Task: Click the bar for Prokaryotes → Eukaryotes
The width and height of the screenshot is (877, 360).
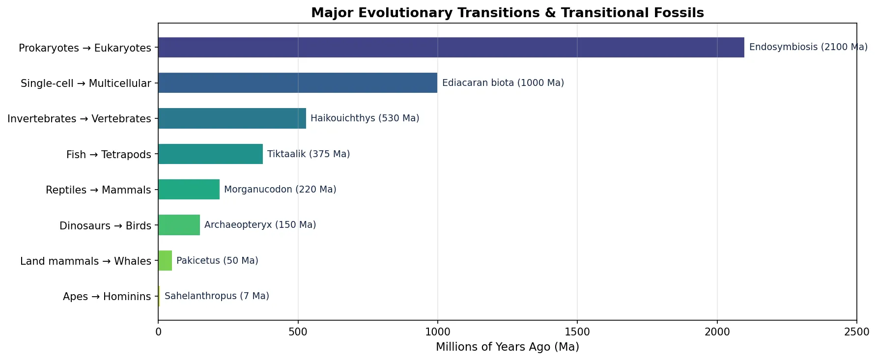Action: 451,48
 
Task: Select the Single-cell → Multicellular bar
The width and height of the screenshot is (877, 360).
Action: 298,83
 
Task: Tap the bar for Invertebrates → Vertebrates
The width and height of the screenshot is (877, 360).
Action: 232,118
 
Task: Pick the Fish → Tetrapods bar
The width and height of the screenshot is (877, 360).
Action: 210,154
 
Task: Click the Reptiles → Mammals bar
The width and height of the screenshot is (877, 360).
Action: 189,190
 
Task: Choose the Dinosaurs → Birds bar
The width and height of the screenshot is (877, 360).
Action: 179,225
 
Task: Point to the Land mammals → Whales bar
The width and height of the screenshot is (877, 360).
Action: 165,261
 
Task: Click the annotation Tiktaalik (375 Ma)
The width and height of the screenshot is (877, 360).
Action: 309,154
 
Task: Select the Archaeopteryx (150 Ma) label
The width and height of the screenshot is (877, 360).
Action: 260,225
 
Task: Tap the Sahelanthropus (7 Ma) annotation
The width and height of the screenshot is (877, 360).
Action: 217,296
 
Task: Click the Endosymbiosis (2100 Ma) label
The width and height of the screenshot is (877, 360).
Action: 808,47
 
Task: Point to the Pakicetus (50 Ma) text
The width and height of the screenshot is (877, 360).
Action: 217,261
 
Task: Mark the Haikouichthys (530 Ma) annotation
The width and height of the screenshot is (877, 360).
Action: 365,118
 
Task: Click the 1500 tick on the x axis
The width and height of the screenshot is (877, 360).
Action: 577,332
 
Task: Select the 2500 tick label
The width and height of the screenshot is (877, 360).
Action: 856,332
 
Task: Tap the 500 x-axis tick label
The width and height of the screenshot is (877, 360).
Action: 298,332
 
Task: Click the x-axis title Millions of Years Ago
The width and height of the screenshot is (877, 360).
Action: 507,347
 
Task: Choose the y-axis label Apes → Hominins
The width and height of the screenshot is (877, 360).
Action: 107,297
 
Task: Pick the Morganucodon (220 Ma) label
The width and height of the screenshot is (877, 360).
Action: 280,190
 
